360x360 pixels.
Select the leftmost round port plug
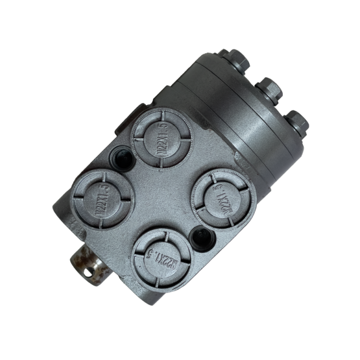click(x=102, y=199)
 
